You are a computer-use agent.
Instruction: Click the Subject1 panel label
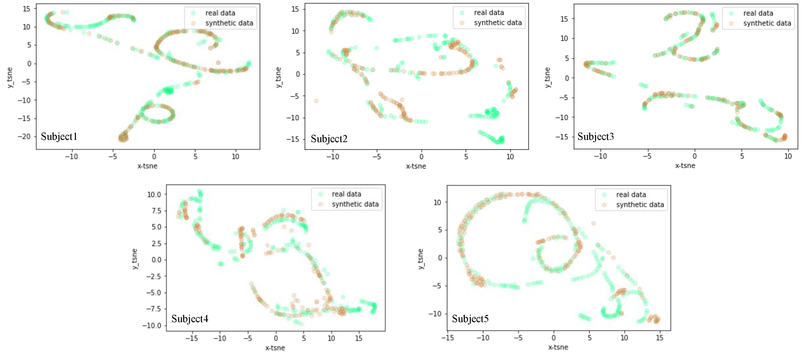click(x=59, y=137)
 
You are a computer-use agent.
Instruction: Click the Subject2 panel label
click(x=329, y=139)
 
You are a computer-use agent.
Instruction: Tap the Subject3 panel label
click(x=595, y=137)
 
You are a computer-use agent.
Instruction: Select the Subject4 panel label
click(x=189, y=319)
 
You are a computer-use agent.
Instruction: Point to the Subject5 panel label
click(x=470, y=319)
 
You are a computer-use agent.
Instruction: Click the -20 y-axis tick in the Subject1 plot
click(x=24, y=137)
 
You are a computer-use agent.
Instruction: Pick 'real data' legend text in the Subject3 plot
click(x=758, y=13)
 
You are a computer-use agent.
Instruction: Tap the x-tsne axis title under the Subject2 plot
click(x=416, y=166)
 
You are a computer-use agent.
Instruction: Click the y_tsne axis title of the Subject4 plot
click(x=135, y=259)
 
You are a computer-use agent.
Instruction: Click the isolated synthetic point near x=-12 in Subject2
click(x=316, y=101)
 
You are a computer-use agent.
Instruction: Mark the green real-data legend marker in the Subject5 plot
click(x=604, y=195)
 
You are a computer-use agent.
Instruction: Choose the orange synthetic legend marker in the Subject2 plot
click(x=462, y=23)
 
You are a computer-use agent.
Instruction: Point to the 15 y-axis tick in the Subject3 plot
click(x=564, y=19)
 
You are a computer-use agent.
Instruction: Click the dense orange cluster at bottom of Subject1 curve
click(x=123, y=137)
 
